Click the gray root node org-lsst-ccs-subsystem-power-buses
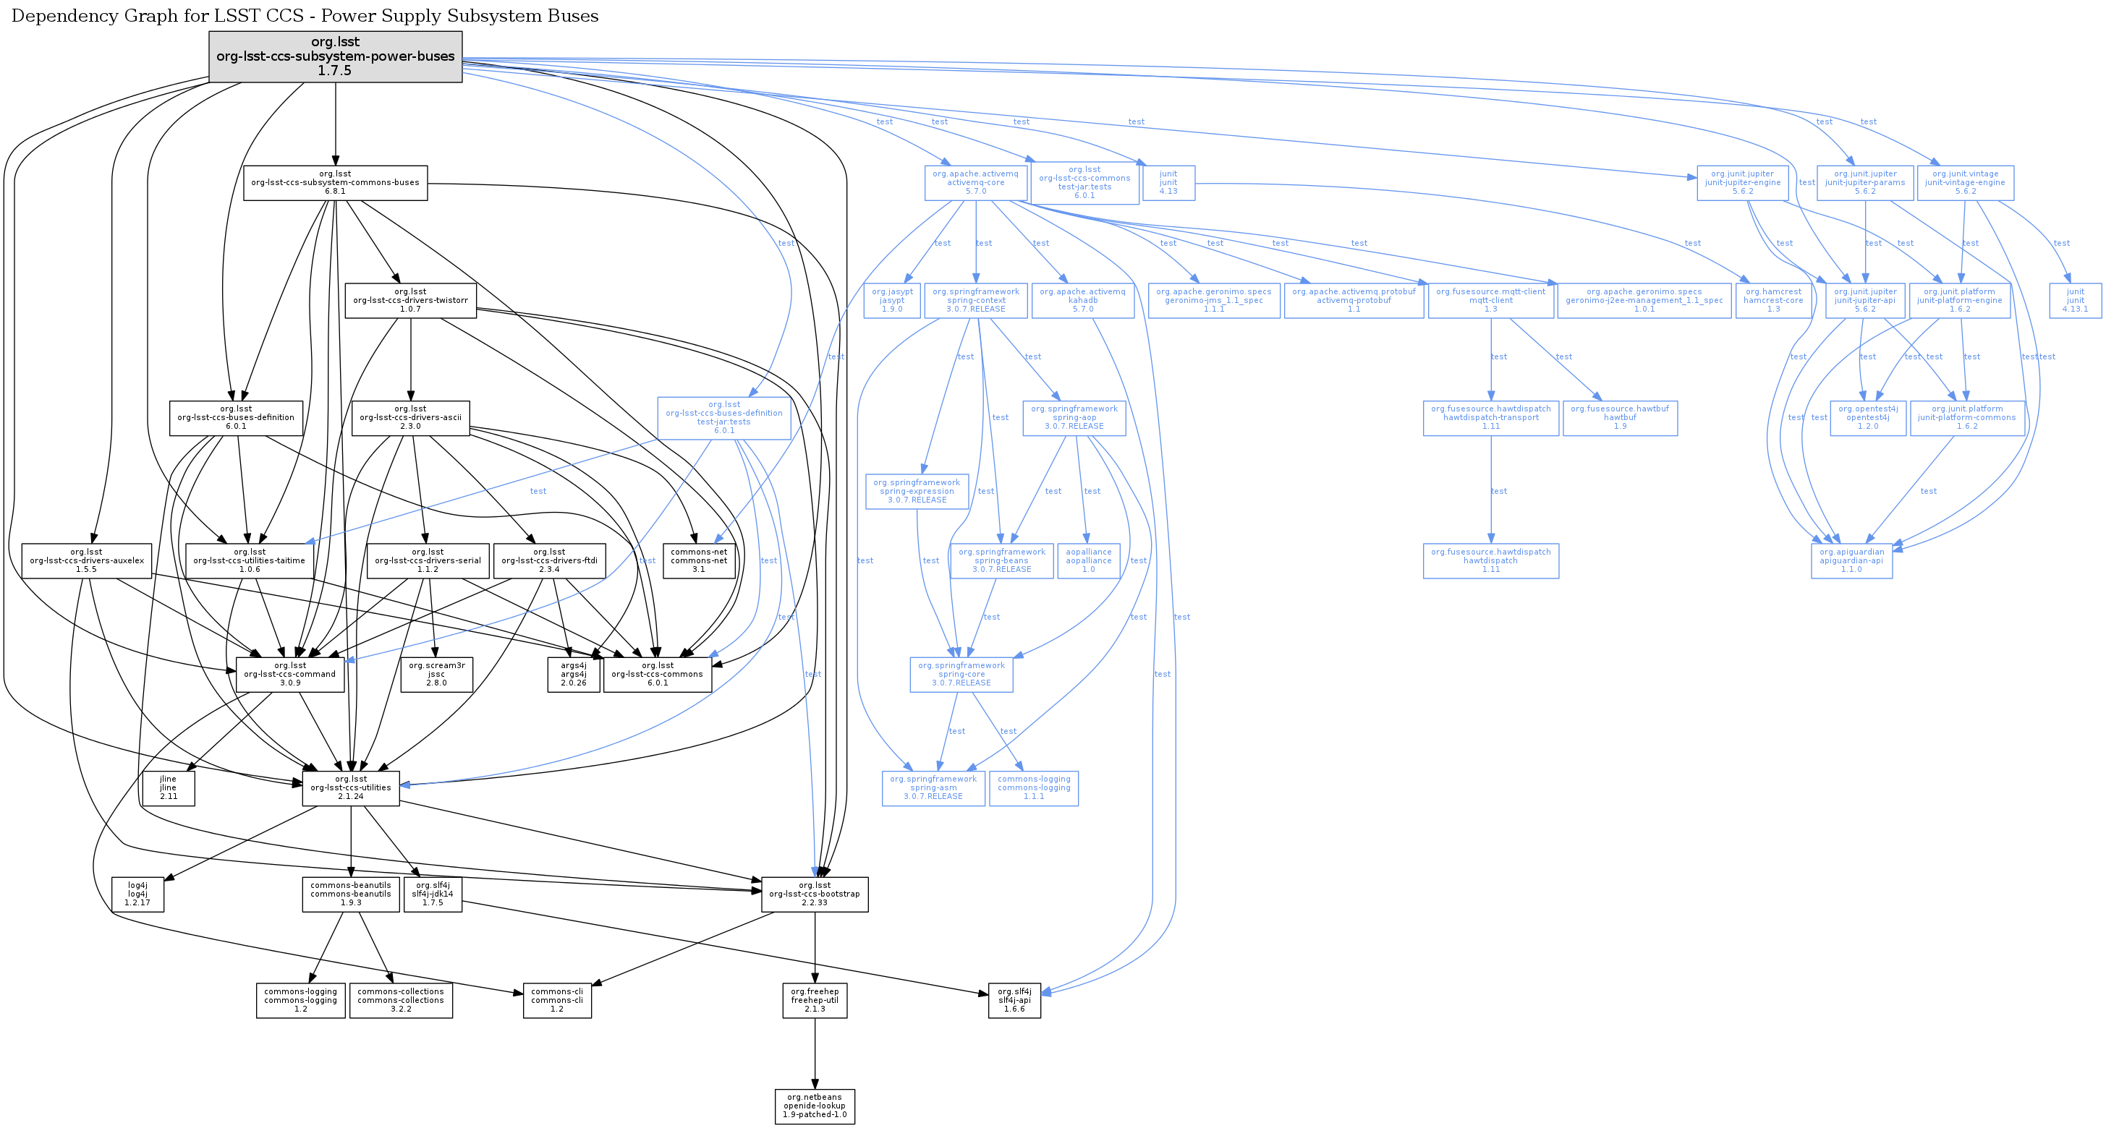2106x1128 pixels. point(335,56)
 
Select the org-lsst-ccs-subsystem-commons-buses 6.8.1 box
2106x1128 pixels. point(335,183)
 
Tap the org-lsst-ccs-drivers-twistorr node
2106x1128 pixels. point(410,300)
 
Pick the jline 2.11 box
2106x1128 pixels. point(168,788)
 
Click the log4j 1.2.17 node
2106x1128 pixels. point(137,894)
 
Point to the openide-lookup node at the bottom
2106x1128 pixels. point(815,1106)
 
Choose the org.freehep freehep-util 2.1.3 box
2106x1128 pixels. point(815,1001)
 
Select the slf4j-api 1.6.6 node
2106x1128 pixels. point(1014,1001)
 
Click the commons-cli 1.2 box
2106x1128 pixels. point(557,1001)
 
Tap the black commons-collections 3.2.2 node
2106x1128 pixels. point(401,1001)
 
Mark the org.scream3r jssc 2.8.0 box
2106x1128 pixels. point(436,675)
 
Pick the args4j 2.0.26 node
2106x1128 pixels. point(573,675)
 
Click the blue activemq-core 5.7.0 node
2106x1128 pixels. point(975,183)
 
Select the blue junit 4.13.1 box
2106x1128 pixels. point(2075,300)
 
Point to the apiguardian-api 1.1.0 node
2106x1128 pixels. point(1852,560)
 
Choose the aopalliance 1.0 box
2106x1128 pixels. point(1088,560)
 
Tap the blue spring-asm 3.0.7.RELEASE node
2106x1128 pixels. point(933,788)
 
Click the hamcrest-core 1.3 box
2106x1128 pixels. point(1772,300)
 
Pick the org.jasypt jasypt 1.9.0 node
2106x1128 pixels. point(892,300)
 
